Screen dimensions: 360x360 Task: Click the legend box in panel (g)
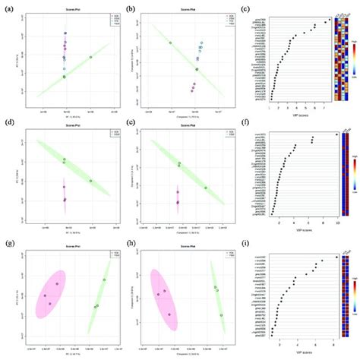111,257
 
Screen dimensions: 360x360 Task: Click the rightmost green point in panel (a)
90,57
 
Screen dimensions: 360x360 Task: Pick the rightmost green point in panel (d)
91,181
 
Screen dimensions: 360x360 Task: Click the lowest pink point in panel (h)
170,314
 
